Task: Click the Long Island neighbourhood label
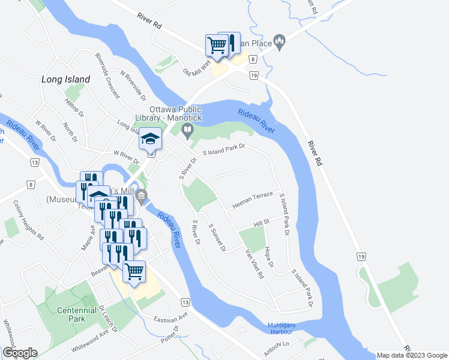tap(66, 79)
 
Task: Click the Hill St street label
tap(262, 223)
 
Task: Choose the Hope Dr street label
tap(269, 256)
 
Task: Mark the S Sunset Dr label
tap(217, 238)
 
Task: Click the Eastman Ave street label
tap(171, 318)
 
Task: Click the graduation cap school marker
tap(150, 140)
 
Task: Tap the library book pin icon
tap(188, 130)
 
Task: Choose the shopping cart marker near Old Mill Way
tap(217, 45)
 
